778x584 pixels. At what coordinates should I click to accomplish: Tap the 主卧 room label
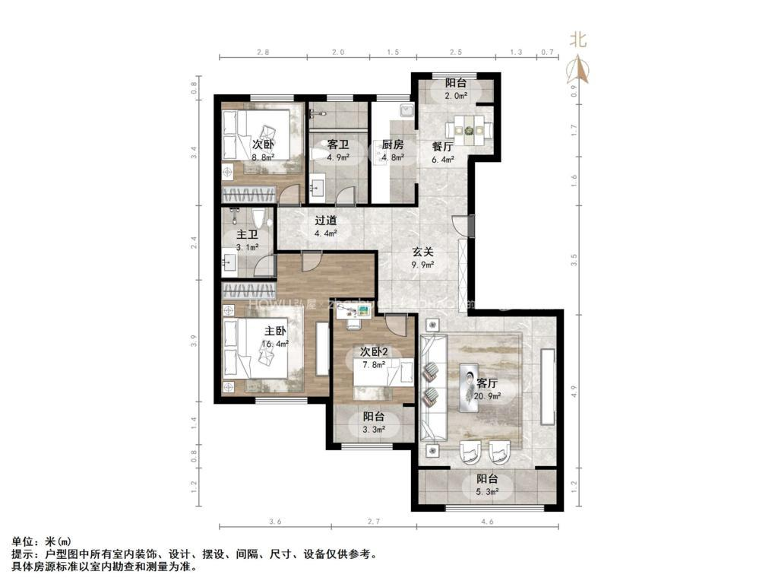pyautogui.click(x=274, y=332)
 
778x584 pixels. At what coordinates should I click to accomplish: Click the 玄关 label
pyautogui.click(x=423, y=251)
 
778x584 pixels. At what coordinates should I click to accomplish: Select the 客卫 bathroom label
pyautogui.click(x=337, y=144)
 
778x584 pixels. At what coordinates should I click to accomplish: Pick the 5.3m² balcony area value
pyautogui.click(x=487, y=493)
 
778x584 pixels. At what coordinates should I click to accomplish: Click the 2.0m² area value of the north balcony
pyautogui.click(x=456, y=96)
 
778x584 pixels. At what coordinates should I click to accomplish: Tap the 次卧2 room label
pyautogui.click(x=374, y=352)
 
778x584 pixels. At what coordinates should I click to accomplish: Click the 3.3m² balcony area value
pyautogui.click(x=373, y=430)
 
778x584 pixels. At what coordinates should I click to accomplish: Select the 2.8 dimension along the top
pyautogui.click(x=263, y=52)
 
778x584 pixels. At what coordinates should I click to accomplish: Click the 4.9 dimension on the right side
pyautogui.click(x=574, y=392)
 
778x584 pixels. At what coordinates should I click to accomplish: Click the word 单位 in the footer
pyautogui.click(x=23, y=541)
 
